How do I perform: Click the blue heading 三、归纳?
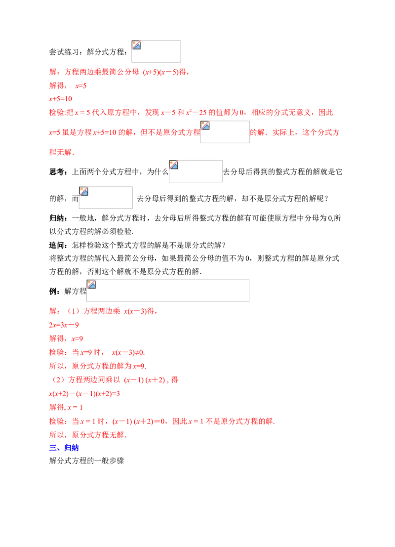pyautogui.click(x=64, y=448)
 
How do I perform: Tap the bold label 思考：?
pyautogui.click(x=59, y=171)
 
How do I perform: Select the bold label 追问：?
pyautogui.click(x=59, y=245)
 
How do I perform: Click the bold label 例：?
pyautogui.click(x=55, y=291)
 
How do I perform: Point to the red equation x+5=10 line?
pyautogui.click(x=60, y=99)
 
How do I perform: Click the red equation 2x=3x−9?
pyautogui.click(x=64, y=325)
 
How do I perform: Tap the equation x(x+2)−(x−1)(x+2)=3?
pyautogui.click(x=84, y=393)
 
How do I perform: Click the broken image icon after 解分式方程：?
pyautogui.click(x=136, y=45)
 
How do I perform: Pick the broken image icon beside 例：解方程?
pyautogui.click(x=91, y=284)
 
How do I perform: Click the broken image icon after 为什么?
pyautogui.click(x=174, y=165)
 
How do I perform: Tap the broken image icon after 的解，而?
pyautogui.click(x=83, y=191)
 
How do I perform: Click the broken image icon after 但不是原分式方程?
pyautogui.click(x=205, y=125)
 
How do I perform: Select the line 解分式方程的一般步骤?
pyautogui.click(x=86, y=461)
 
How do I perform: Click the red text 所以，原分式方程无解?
pyautogui.click(x=88, y=435)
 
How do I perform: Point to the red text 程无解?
pyautogui.click(x=62, y=152)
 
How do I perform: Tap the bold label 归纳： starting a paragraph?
pyautogui.click(x=59, y=218)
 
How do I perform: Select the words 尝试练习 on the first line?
pyautogui.click(x=64, y=52)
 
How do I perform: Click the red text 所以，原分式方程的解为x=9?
pyautogui.click(x=98, y=366)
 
